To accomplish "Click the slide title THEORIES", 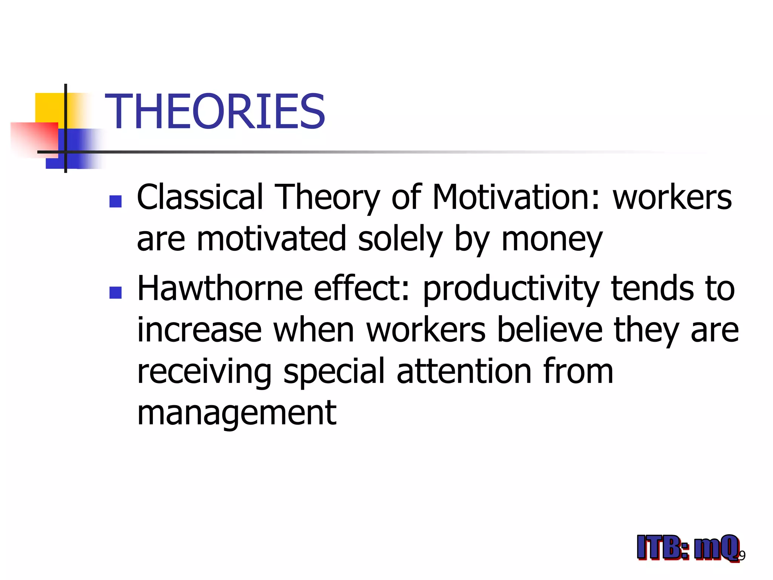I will point(215,112).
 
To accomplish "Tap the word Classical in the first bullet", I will point(199,197).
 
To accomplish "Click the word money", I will point(552,239).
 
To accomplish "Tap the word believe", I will point(550,330).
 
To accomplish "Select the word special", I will point(334,372).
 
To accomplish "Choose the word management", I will point(237,414).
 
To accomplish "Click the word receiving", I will point(204,372).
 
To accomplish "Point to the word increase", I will point(199,330).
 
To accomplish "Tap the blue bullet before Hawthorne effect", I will point(115,293).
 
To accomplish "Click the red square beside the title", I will point(34,138).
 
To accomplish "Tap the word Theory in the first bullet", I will point(327,198).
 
